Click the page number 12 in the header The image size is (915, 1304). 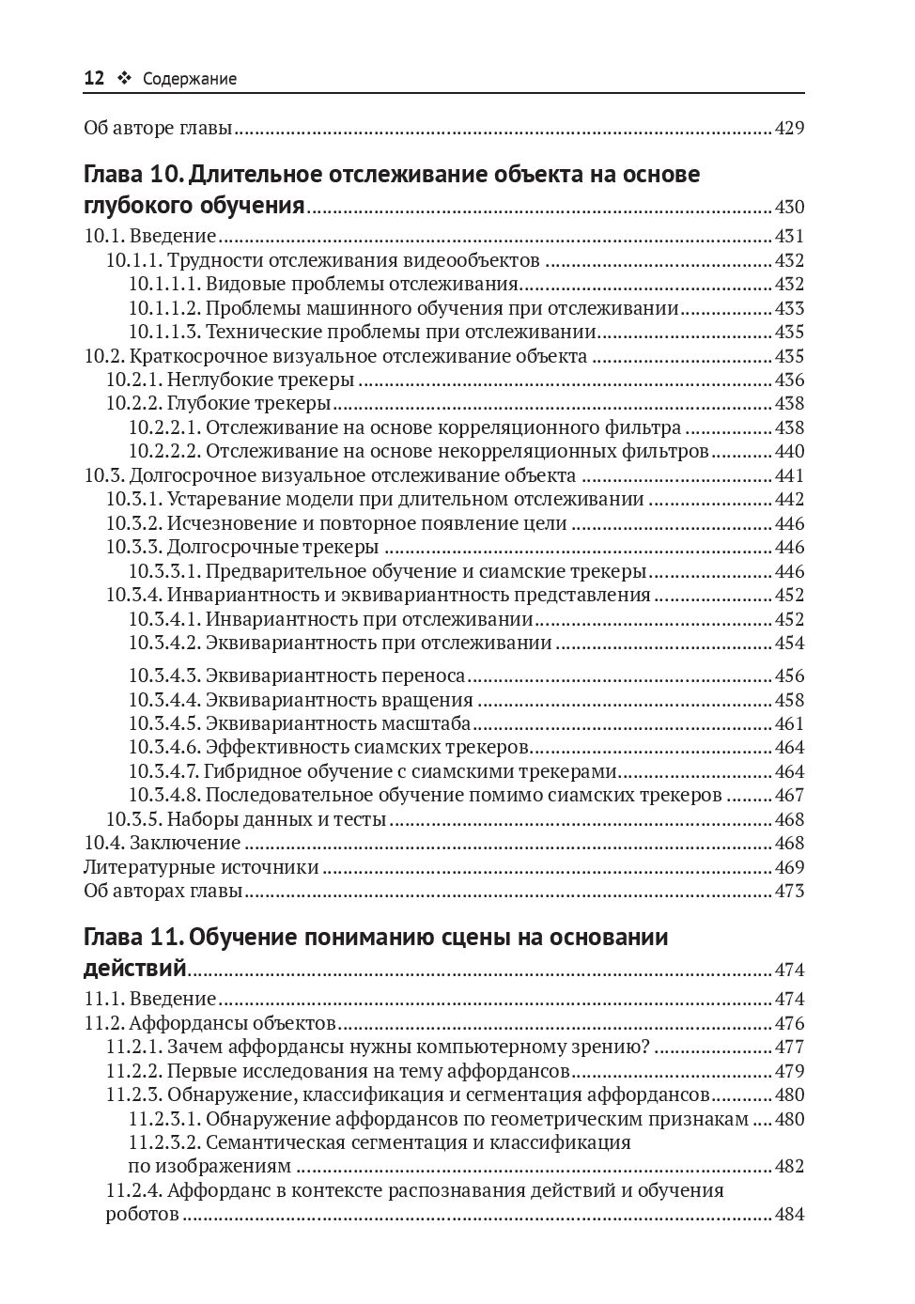click(94, 79)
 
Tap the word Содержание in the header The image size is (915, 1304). click(190, 80)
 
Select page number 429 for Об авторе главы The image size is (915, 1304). click(789, 128)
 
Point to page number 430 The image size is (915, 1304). click(789, 208)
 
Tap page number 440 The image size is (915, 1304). click(789, 452)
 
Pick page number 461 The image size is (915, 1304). click(789, 724)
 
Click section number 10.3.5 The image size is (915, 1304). click(133, 819)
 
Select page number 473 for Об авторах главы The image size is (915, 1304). click(789, 891)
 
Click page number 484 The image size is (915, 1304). click(789, 1215)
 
